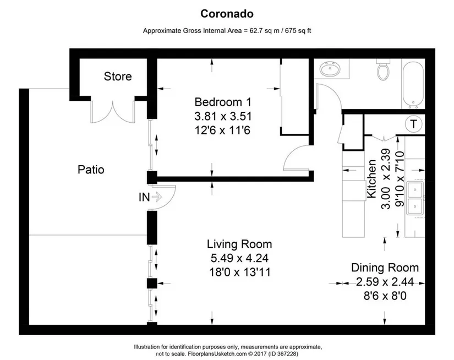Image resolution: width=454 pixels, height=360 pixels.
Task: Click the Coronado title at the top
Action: click(x=227, y=14)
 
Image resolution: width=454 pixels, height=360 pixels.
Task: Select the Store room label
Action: click(x=118, y=77)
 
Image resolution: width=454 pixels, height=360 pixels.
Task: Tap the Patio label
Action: click(x=91, y=170)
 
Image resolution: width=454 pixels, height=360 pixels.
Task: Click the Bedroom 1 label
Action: click(x=223, y=102)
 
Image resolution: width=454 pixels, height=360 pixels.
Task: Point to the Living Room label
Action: click(x=239, y=244)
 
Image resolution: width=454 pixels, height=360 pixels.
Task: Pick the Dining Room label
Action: click(x=385, y=268)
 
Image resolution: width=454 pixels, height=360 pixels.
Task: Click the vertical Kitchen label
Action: click(x=371, y=179)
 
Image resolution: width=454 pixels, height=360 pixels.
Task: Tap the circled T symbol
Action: click(x=413, y=124)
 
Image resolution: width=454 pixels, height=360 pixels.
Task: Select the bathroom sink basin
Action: click(x=330, y=69)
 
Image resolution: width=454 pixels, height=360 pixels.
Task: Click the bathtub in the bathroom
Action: click(x=413, y=83)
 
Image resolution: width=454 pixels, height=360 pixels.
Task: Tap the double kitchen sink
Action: click(x=415, y=198)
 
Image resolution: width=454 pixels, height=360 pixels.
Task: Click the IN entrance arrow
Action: click(x=157, y=197)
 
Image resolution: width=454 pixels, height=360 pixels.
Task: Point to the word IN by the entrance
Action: click(x=144, y=197)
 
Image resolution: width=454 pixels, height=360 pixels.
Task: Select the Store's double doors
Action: click(x=113, y=112)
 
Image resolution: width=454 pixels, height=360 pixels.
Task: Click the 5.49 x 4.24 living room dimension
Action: click(x=239, y=258)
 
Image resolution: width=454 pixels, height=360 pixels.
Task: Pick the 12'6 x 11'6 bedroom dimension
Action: click(x=222, y=130)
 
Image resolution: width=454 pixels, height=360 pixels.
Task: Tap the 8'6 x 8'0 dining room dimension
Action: click(x=385, y=296)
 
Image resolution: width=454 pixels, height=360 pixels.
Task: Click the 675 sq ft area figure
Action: click(x=298, y=31)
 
